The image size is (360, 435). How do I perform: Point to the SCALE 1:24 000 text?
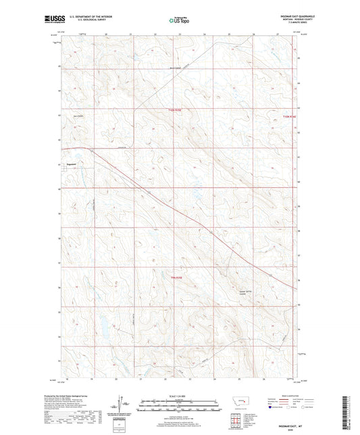[x=179, y=395]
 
